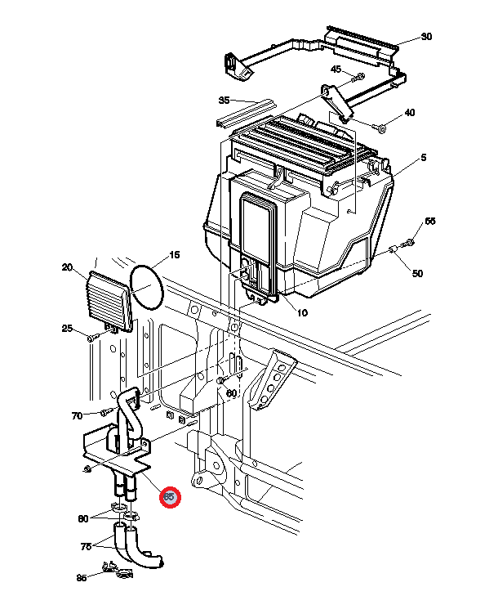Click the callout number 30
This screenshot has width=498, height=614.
[x=426, y=37]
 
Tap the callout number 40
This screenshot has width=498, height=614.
[x=409, y=113]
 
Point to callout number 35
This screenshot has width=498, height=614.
[x=225, y=101]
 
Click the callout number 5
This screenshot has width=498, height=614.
[x=424, y=157]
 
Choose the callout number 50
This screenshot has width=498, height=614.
[x=417, y=273]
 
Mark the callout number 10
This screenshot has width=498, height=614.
[x=301, y=313]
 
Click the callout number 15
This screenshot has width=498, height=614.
[x=173, y=255]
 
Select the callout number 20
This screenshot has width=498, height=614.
[x=68, y=267]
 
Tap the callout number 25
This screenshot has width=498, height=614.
[x=68, y=329]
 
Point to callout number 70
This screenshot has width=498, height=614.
[x=77, y=415]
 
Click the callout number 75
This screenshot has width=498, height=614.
[x=85, y=547]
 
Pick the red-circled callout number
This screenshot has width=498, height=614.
[x=170, y=496]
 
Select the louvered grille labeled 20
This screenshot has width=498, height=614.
[x=108, y=301]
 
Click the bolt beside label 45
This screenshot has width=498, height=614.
[x=357, y=77]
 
